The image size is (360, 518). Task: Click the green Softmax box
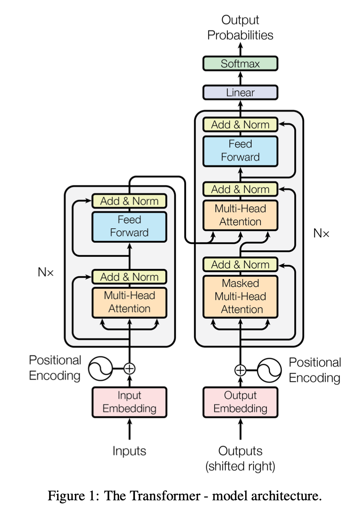tap(240, 64)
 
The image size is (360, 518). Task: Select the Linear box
tap(240, 92)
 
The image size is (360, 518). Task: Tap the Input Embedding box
tap(129, 402)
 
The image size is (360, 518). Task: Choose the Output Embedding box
tap(240, 402)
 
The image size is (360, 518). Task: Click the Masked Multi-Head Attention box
tap(240, 296)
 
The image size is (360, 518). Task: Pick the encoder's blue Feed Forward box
tap(129, 226)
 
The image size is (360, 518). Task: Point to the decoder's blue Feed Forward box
tap(240, 151)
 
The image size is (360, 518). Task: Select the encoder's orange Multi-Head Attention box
tap(129, 302)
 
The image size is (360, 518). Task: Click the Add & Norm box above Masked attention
tap(240, 265)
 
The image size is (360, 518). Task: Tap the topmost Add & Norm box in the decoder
tap(240, 125)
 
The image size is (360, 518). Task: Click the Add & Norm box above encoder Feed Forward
tap(129, 201)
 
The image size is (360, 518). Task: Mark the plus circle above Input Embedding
tap(129, 368)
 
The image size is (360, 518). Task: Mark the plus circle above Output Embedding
tap(240, 370)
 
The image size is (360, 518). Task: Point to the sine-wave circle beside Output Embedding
tap(270, 370)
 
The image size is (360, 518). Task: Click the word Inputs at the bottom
tap(129, 451)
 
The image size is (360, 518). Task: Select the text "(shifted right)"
tap(240, 467)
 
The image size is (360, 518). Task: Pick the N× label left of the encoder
tap(45, 272)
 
